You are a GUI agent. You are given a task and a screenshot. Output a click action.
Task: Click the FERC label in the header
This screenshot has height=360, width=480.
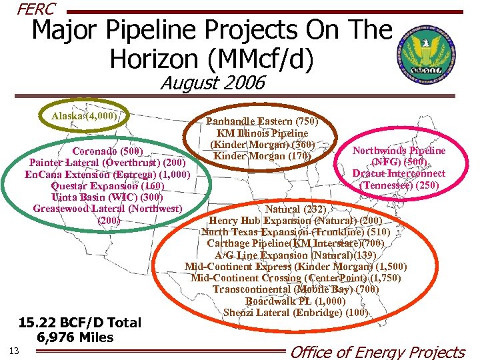tap(37, 9)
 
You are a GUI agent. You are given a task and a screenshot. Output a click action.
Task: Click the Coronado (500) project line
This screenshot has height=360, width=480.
tap(107, 150)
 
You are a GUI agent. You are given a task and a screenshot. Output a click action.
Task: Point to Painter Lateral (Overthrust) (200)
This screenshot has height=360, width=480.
tap(107, 162)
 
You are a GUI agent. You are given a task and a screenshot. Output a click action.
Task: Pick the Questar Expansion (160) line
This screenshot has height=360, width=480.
tap(107, 186)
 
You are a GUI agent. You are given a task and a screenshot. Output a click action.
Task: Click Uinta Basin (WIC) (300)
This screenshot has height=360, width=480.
tap(107, 197)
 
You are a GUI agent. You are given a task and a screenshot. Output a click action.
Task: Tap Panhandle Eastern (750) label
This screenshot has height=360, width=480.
tap(262, 121)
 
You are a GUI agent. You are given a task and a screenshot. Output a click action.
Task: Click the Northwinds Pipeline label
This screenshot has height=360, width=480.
tap(399, 150)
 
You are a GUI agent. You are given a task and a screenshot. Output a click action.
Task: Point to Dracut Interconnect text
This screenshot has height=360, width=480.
tap(399, 173)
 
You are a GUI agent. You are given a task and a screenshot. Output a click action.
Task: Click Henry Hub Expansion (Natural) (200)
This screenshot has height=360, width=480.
tap(295, 220)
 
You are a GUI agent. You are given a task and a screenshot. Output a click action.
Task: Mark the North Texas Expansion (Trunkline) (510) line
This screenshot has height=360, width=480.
tap(295, 232)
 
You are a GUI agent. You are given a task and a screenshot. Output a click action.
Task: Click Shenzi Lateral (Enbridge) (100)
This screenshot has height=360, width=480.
tap(295, 313)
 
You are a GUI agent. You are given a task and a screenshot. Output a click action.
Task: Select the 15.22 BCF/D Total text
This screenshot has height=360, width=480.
tap(80, 323)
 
